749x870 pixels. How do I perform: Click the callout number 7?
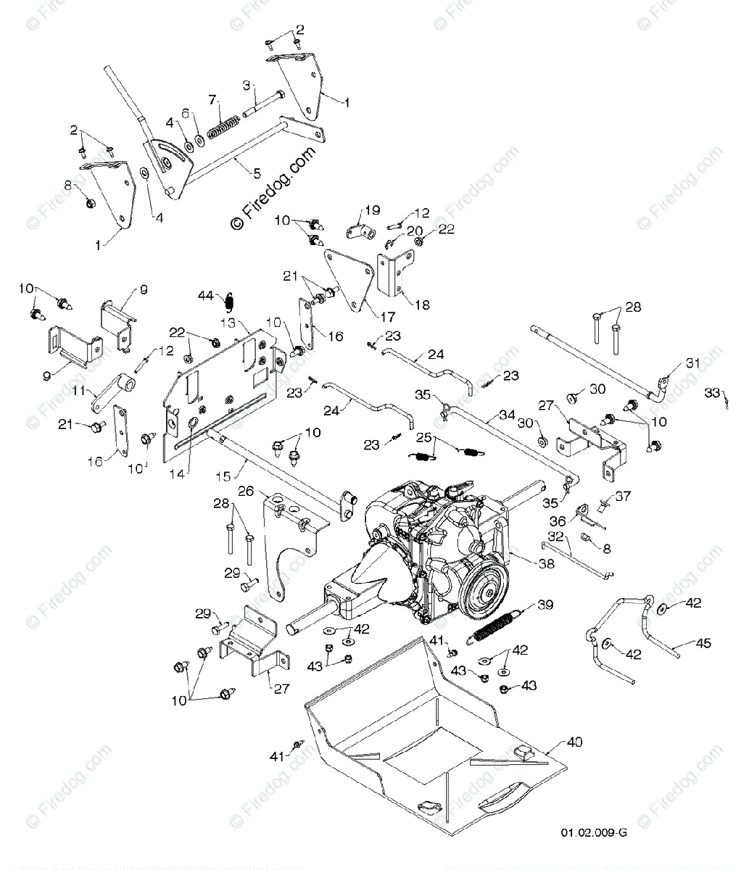tap(212, 99)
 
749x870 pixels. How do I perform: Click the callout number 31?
tap(694, 364)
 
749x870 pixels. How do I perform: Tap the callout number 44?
tap(207, 295)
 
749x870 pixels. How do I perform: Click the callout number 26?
tap(246, 491)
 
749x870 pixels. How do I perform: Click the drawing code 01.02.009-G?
tap(593, 853)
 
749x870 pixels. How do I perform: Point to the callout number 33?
tap(713, 392)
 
